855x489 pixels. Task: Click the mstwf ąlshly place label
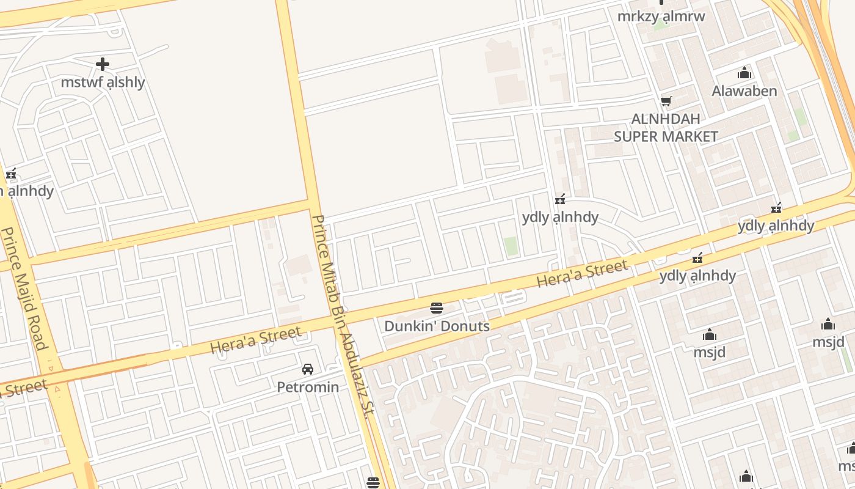[x=103, y=82]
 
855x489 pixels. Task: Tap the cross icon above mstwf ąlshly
[x=103, y=64]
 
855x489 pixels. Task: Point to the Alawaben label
[x=744, y=91]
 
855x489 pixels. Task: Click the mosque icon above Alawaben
[x=744, y=73]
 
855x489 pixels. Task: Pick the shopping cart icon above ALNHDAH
[x=666, y=101]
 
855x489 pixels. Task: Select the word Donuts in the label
[x=465, y=326]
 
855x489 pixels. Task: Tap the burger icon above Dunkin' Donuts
[x=436, y=307]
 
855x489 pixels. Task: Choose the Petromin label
[x=308, y=387]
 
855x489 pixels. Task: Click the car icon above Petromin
[x=308, y=369]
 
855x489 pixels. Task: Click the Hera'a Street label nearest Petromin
[x=256, y=340]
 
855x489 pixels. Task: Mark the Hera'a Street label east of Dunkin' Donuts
[x=582, y=273]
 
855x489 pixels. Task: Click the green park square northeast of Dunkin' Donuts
[x=511, y=246]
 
